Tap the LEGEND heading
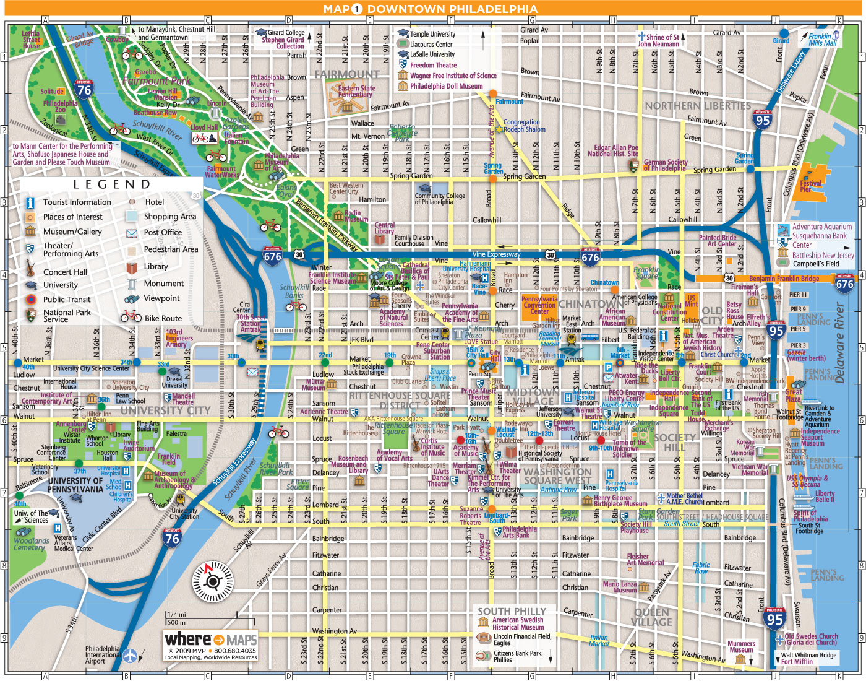pos(112,184)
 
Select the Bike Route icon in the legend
pos(131,317)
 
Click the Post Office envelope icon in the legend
pos(132,233)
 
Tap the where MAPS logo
pos(210,640)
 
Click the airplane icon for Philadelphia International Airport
pos(130,655)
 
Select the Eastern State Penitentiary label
pos(356,92)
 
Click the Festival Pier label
pos(811,186)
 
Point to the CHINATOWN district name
pos(588,304)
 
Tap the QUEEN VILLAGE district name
pos(652,617)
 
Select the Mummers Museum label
pos(741,647)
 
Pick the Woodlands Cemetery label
pos(31,544)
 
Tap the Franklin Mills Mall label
pos(822,40)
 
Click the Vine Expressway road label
pos(496,254)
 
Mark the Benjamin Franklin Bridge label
pos(784,279)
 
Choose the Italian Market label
pos(599,641)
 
